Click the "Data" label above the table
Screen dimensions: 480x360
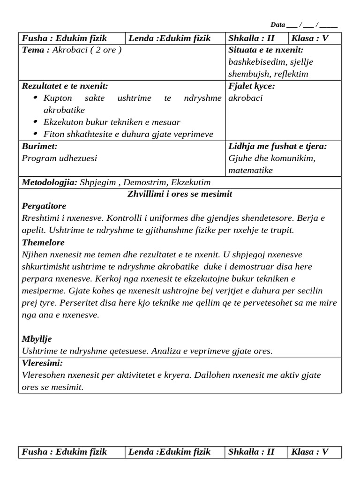point(277,25)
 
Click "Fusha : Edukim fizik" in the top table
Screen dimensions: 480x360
point(64,38)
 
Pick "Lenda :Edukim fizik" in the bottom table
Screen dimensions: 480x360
point(169,452)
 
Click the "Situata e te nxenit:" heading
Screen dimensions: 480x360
point(266,50)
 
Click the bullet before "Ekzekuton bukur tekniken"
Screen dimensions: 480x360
point(37,122)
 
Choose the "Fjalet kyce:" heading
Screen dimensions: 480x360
point(251,86)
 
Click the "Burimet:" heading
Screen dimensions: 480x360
point(40,146)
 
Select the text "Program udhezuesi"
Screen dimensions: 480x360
point(60,158)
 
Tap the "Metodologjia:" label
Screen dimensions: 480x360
point(49,182)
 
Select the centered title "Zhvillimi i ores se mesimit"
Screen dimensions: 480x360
point(180,194)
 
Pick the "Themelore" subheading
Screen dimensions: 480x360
point(43,242)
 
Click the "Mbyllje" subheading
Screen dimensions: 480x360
point(37,339)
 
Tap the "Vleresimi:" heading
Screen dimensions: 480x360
point(42,363)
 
